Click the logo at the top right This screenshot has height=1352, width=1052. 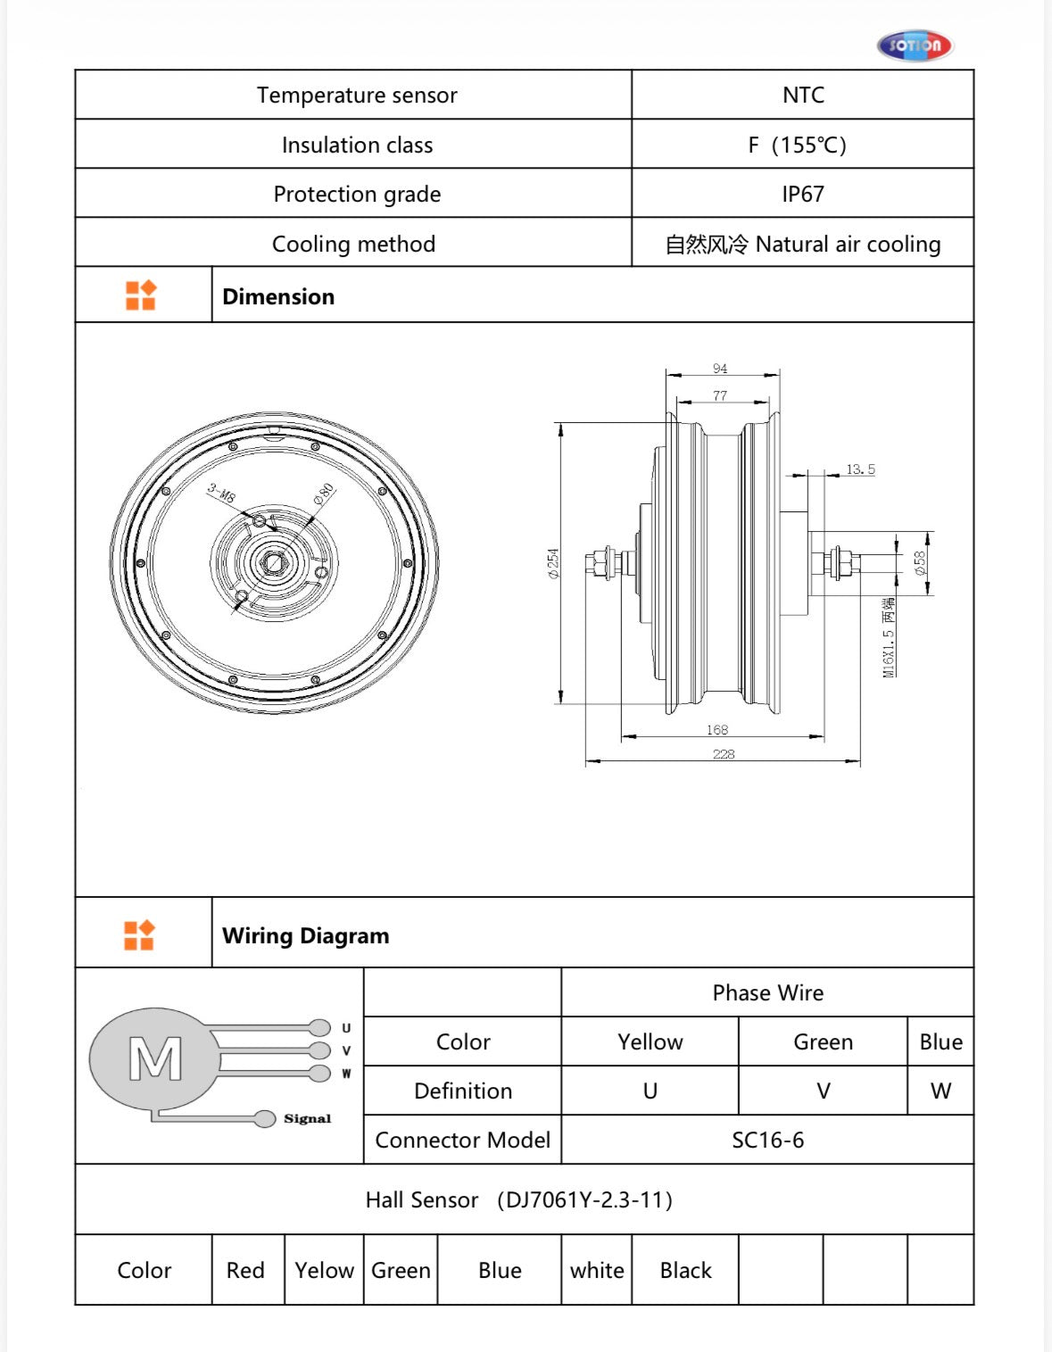[915, 46]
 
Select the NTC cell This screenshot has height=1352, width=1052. [803, 95]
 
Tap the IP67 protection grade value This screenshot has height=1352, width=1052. [803, 195]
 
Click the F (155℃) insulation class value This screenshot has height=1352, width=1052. [797, 145]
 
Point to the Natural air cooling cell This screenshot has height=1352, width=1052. [803, 245]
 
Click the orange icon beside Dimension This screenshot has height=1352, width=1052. [141, 295]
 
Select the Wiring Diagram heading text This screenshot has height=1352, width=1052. [305, 936]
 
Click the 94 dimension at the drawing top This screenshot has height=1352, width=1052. [720, 369]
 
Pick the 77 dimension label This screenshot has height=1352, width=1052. [720, 395]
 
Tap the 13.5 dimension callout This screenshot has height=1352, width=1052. [860, 469]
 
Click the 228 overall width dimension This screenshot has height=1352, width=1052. [724, 754]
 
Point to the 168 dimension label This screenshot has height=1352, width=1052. [717, 730]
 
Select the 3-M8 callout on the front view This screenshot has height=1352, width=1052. [221, 493]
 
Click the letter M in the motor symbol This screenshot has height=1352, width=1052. [155, 1059]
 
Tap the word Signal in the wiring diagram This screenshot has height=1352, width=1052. [307, 1119]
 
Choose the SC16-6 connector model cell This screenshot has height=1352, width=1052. [767, 1140]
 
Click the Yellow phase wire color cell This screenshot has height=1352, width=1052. [650, 1042]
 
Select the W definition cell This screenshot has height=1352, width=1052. [940, 1091]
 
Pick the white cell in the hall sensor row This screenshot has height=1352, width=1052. [597, 1271]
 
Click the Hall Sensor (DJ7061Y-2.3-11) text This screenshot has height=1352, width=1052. [519, 1200]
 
